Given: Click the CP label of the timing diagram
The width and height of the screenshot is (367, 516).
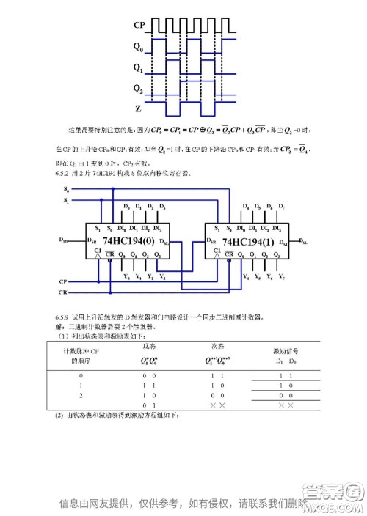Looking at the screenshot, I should point(139,26).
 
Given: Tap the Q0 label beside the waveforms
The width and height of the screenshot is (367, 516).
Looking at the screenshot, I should point(138,46).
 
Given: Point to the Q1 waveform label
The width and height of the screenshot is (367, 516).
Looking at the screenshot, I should point(138,67).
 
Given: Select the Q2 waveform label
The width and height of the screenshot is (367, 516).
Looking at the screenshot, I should point(138,89).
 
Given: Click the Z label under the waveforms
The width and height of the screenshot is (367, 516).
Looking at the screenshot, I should point(138,108).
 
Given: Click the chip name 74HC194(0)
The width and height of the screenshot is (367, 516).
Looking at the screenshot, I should point(129,240).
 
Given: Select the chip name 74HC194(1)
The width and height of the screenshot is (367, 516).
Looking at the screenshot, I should point(247,241).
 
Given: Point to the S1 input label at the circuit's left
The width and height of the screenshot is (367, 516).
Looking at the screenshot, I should point(66,199).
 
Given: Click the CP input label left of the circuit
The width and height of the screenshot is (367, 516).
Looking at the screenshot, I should point(64,281).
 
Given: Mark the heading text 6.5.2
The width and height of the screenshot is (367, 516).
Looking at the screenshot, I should point(60,174).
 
